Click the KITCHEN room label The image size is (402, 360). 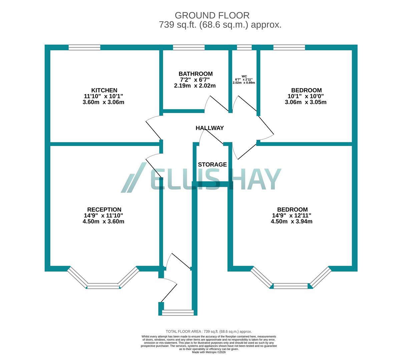(104, 90)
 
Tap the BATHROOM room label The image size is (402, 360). (195, 74)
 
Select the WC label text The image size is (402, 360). (244, 76)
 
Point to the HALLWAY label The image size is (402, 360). (210, 128)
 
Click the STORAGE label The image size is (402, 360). (212, 165)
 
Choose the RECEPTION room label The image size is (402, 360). (104, 210)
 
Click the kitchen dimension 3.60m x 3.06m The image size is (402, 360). (103, 102)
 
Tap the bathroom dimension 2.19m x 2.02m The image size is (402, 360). (195, 86)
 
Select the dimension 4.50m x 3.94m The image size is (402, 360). (292, 221)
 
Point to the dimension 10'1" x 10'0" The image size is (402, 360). (306, 96)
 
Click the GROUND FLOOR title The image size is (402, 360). (212, 15)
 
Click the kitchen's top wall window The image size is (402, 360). (84, 47)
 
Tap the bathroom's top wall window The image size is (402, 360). (189, 47)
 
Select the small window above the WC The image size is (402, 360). (244, 47)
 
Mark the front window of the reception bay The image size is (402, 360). (103, 286)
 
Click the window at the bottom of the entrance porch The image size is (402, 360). (178, 312)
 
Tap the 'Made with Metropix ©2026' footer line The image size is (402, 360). (209, 352)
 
